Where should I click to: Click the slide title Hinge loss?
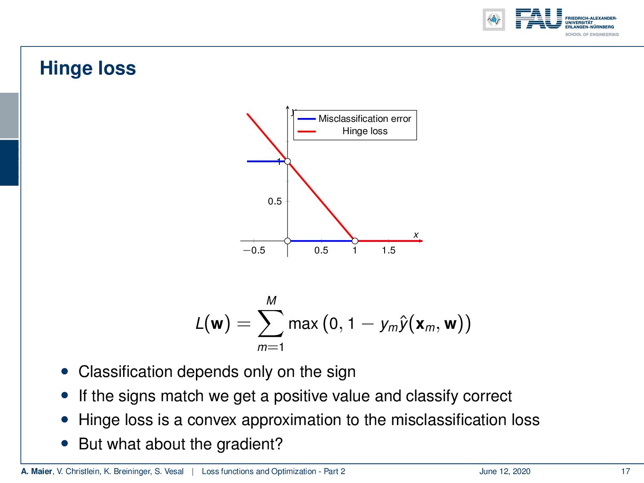click(x=88, y=69)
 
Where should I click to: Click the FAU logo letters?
click(x=538, y=19)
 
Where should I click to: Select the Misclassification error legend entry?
click(x=364, y=119)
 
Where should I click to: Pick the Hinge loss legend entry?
click(x=365, y=131)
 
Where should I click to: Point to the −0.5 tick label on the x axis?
click(x=254, y=250)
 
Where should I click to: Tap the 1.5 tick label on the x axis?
click(x=388, y=250)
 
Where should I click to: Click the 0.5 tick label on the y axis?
click(x=275, y=201)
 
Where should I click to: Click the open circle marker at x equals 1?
click(x=355, y=241)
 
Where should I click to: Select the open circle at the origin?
click(x=287, y=241)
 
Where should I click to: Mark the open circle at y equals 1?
click(x=287, y=161)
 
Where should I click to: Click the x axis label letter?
click(x=416, y=235)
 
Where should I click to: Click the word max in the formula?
click(x=303, y=324)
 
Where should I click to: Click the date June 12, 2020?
click(x=505, y=471)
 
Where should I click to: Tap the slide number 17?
click(x=625, y=471)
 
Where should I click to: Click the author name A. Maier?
click(x=36, y=471)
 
